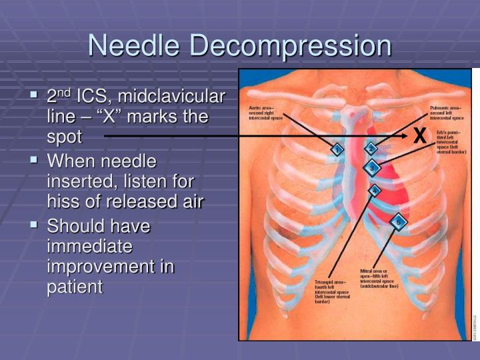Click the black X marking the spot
point(419,136)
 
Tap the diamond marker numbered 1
point(337,150)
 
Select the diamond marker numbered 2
point(371,148)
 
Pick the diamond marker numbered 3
point(372,167)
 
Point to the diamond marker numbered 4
point(375,191)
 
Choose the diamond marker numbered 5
point(398,221)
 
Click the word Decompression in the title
point(291,46)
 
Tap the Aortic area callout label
point(266,112)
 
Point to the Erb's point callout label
point(451,143)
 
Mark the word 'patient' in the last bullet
point(75,287)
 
